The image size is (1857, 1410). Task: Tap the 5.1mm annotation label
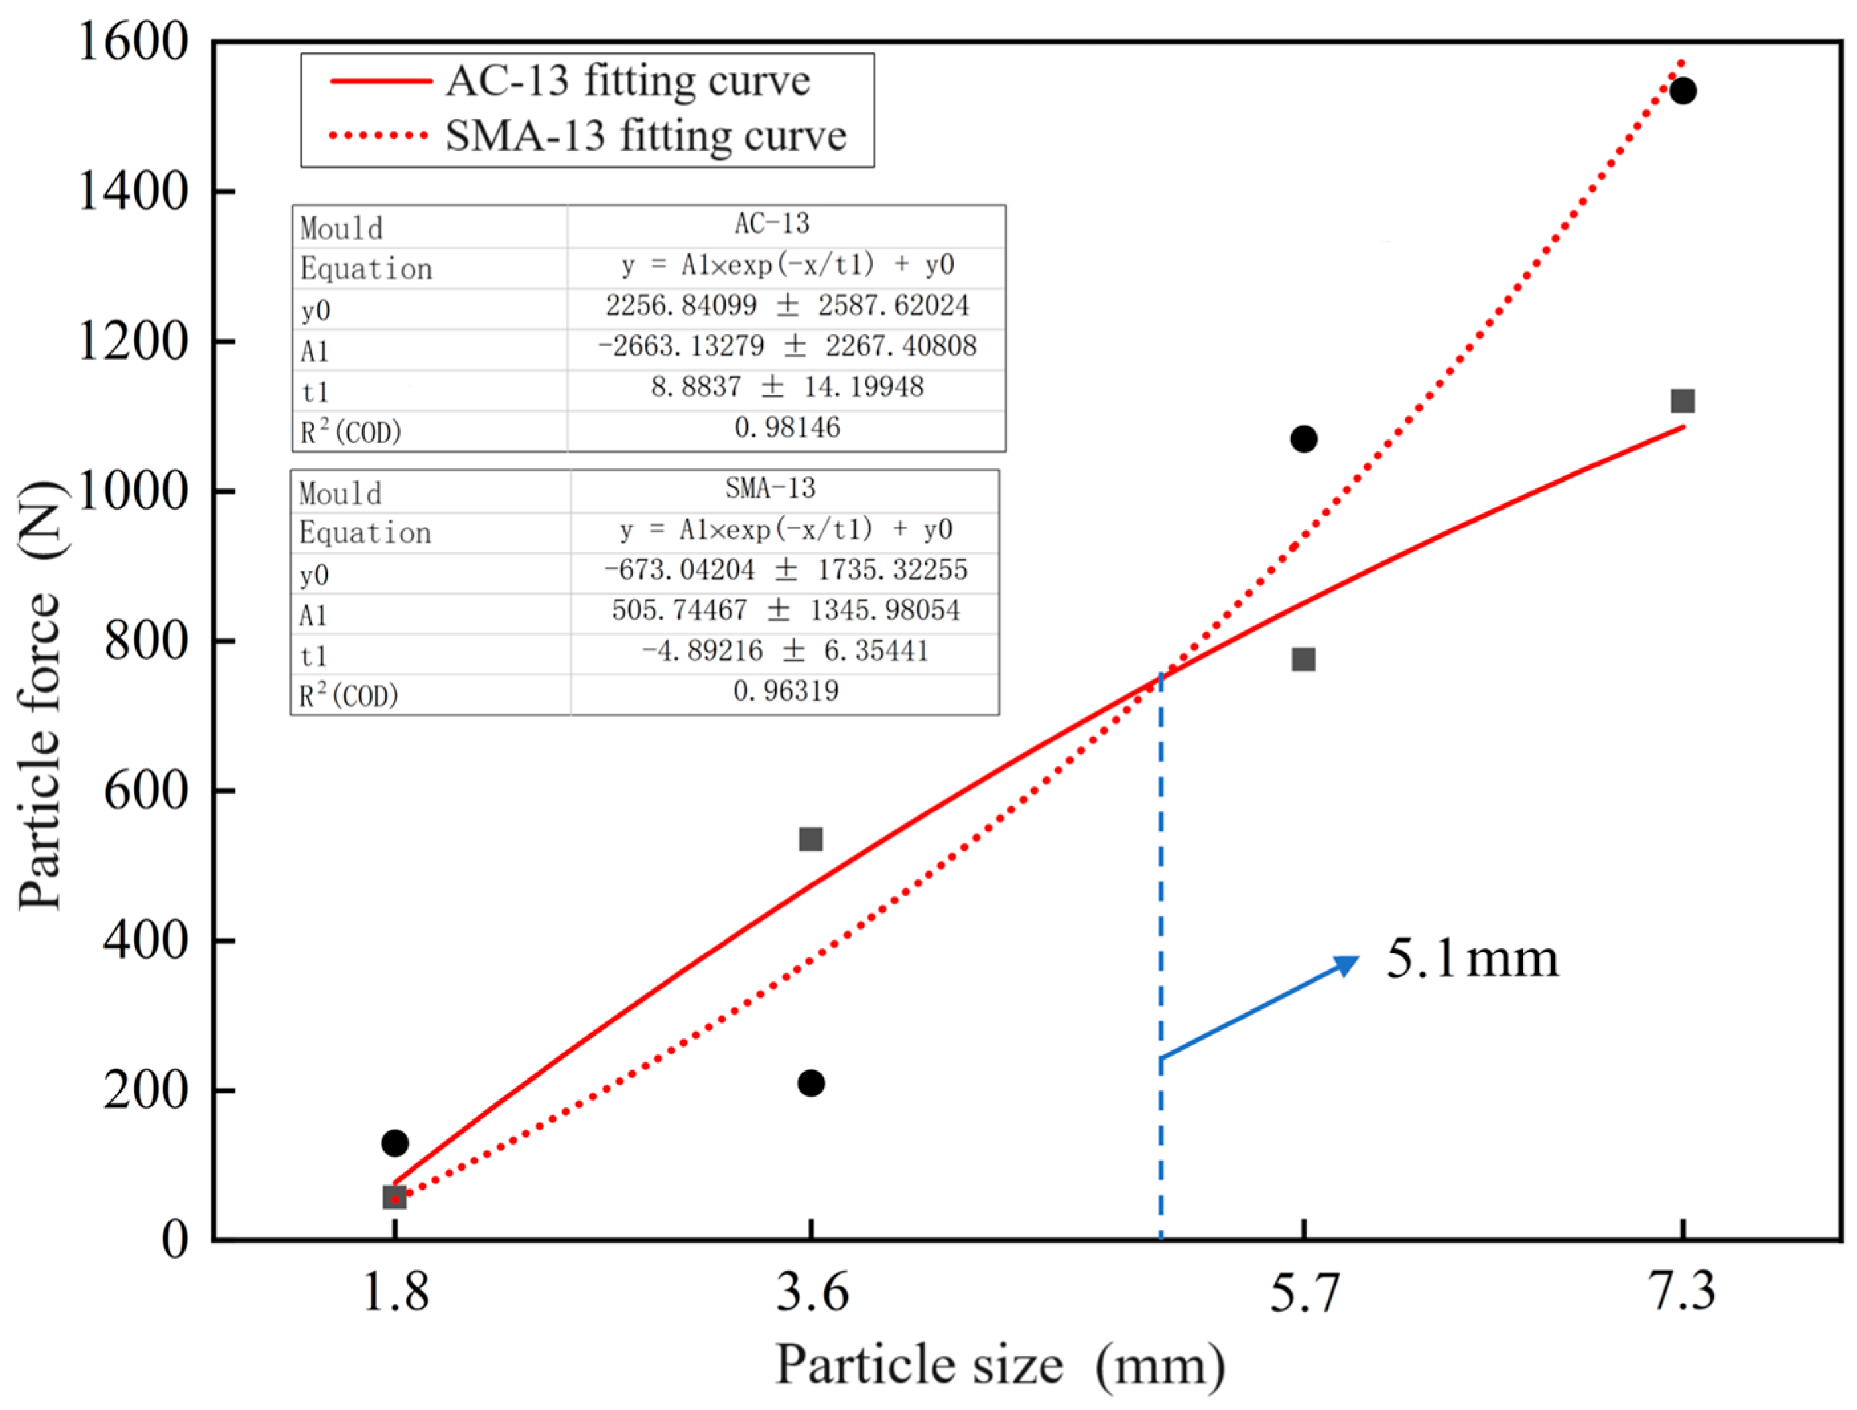[x=1472, y=958]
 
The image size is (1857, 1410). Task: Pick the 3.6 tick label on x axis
[x=811, y=1291]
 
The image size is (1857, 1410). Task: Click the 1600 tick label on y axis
[x=133, y=41]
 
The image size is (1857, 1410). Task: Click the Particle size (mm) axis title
[x=999, y=1365]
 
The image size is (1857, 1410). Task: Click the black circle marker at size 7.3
[x=1683, y=91]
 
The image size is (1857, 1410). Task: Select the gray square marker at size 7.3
[x=1683, y=401]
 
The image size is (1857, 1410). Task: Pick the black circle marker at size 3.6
[x=811, y=1084]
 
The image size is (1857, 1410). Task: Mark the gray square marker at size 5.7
[x=1303, y=660]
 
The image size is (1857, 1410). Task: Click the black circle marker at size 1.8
[x=395, y=1143]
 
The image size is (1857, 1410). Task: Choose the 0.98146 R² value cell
[x=787, y=428]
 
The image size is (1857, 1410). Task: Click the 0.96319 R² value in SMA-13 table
[x=785, y=691]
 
